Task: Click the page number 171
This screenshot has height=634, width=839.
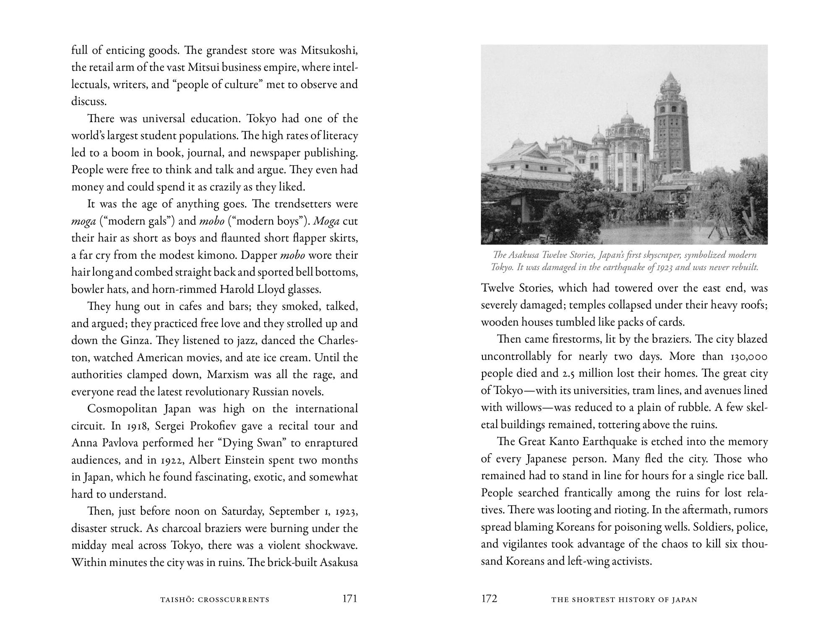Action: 349,599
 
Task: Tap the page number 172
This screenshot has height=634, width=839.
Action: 489,599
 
